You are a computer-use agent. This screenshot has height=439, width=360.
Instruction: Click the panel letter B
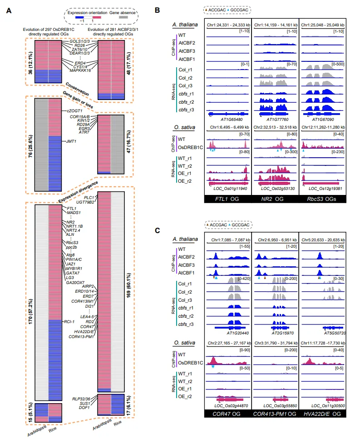click(x=157, y=10)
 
